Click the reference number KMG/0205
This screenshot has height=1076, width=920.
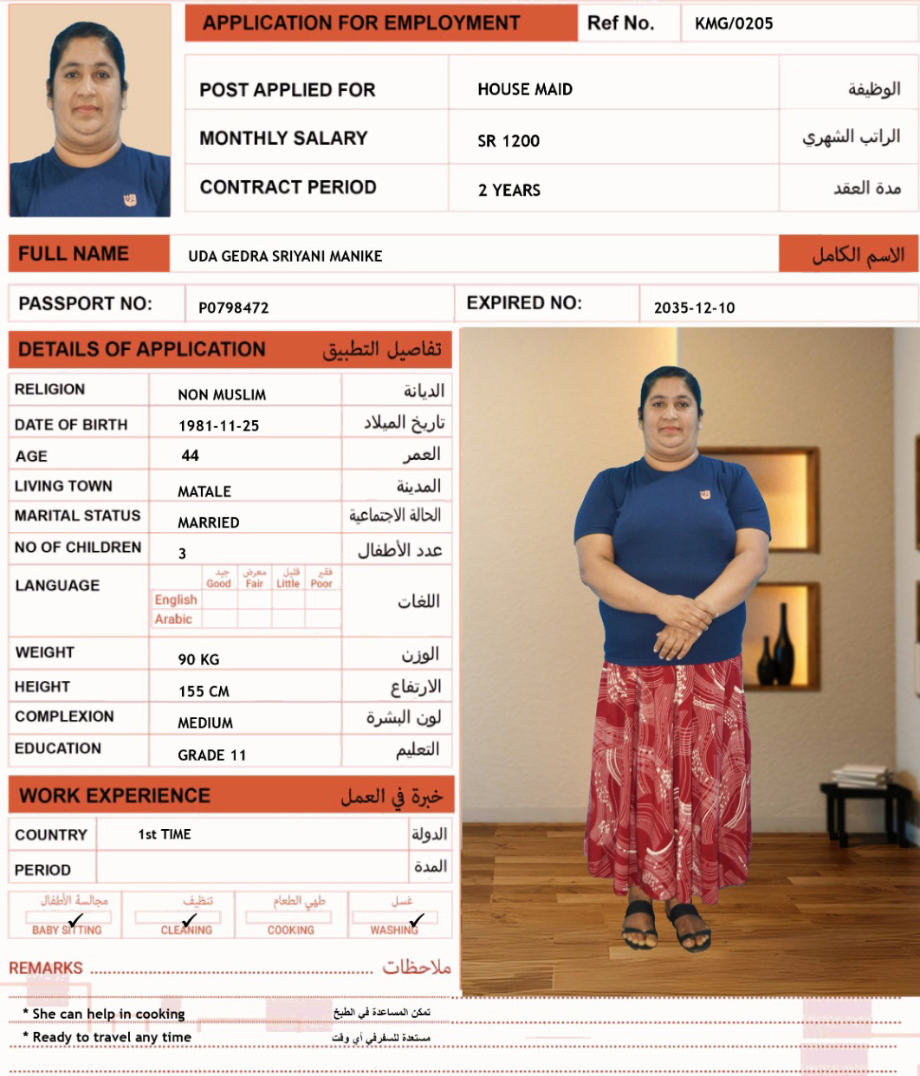(734, 24)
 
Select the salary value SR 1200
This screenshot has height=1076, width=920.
(509, 140)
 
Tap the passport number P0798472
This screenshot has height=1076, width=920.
(234, 308)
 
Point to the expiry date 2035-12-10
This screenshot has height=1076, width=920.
(694, 308)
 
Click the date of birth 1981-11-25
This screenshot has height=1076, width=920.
(218, 425)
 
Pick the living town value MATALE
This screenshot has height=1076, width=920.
(204, 491)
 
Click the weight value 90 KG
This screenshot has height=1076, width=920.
(198, 659)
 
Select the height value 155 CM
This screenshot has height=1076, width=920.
(204, 691)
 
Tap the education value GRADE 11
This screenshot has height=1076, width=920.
(212, 755)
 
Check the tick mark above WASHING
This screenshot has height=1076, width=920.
(417, 920)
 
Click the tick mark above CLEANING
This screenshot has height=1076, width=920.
(190, 920)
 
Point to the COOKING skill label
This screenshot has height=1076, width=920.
(290, 930)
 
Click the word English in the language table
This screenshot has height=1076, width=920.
(176, 600)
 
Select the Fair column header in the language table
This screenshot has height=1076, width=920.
(254, 584)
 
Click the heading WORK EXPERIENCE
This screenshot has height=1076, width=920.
(114, 795)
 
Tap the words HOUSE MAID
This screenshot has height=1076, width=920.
(525, 89)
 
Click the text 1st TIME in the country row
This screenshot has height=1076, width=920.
(165, 834)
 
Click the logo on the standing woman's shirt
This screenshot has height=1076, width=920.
(705, 494)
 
